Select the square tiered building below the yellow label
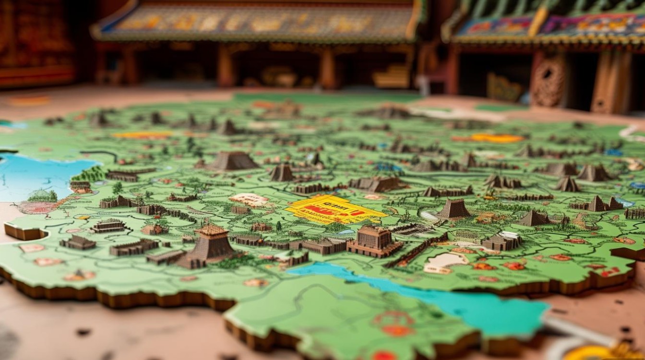click(x=374, y=240)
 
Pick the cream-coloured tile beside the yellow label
click(x=249, y=199)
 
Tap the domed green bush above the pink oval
click(x=43, y=195)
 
